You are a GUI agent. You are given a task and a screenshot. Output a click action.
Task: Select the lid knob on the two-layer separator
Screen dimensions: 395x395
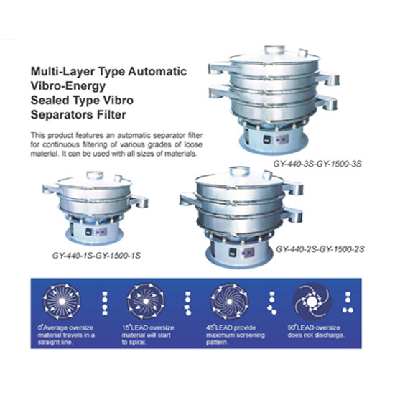tap(239, 170)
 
